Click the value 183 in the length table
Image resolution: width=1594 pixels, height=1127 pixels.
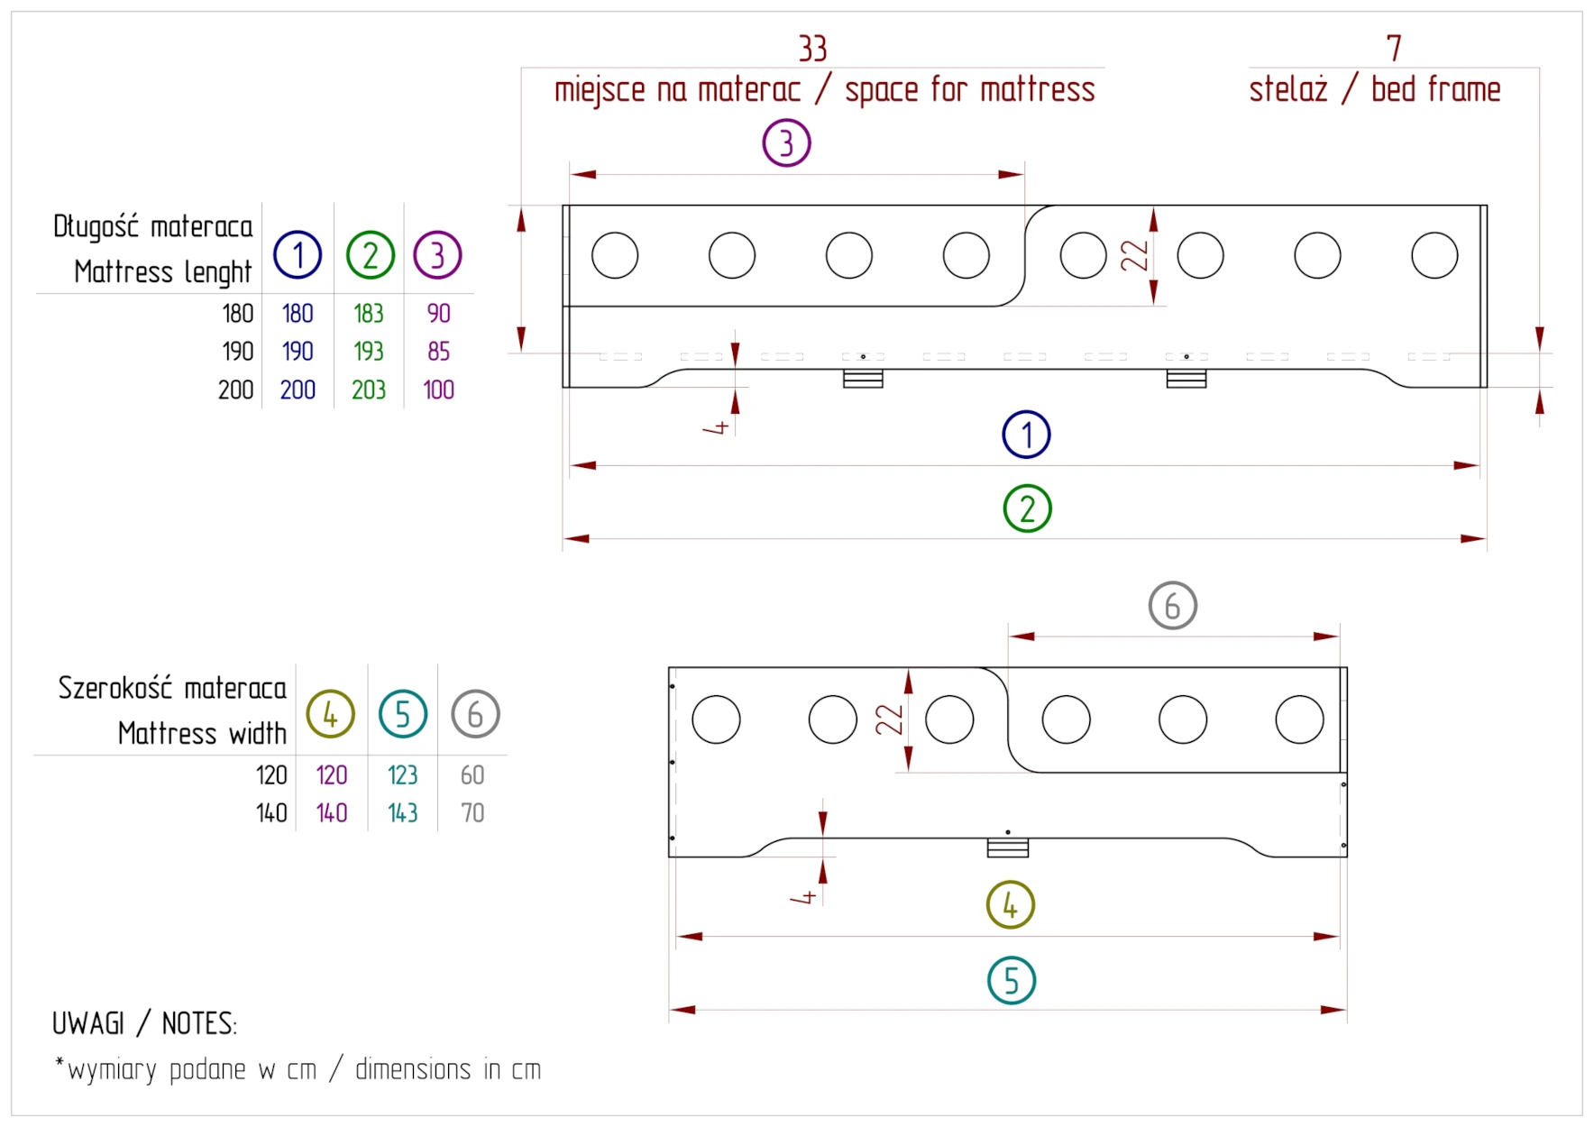pyautogui.click(x=368, y=313)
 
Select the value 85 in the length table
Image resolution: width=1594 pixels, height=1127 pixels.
pyautogui.click(x=438, y=351)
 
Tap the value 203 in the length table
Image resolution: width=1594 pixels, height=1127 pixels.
pyautogui.click(x=368, y=389)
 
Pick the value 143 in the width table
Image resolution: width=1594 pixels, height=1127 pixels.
pyautogui.click(x=402, y=812)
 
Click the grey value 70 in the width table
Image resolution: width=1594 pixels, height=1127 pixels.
pyautogui.click(x=472, y=812)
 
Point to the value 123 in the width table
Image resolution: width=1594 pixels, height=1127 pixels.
pyautogui.click(x=402, y=774)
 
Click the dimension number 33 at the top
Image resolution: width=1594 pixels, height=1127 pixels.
pyautogui.click(x=812, y=49)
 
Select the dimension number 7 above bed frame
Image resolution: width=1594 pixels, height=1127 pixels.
pyautogui.click(x=1394, y=48)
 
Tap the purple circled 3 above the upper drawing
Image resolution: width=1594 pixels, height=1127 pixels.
pyautogui.click(x=786, y=143)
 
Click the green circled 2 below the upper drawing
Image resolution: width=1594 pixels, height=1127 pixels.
pyautogui.click(x=1027, y=509)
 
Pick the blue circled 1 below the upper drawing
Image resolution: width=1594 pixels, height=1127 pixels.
pyautogui.click(x=1026, y=435)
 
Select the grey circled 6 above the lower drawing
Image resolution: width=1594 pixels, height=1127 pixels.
pyautogui.click(x=1172, y=606)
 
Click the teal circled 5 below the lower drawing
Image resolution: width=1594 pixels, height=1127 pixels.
pyautogui.click(x=1011, y=981)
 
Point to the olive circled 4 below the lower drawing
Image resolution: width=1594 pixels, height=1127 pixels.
pyautogui.click(x=1010, y=905)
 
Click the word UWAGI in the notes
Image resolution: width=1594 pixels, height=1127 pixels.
pyautogui.click(x=88, y=1023)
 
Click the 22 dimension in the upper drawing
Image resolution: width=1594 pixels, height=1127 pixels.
pyautogui.click(x=1133, y=255)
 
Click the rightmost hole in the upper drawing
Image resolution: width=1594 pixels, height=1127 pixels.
pyautogui.click(x=1434, y=255)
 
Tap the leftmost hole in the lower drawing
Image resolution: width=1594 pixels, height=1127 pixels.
pyautogui.click(x=716, y=719)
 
